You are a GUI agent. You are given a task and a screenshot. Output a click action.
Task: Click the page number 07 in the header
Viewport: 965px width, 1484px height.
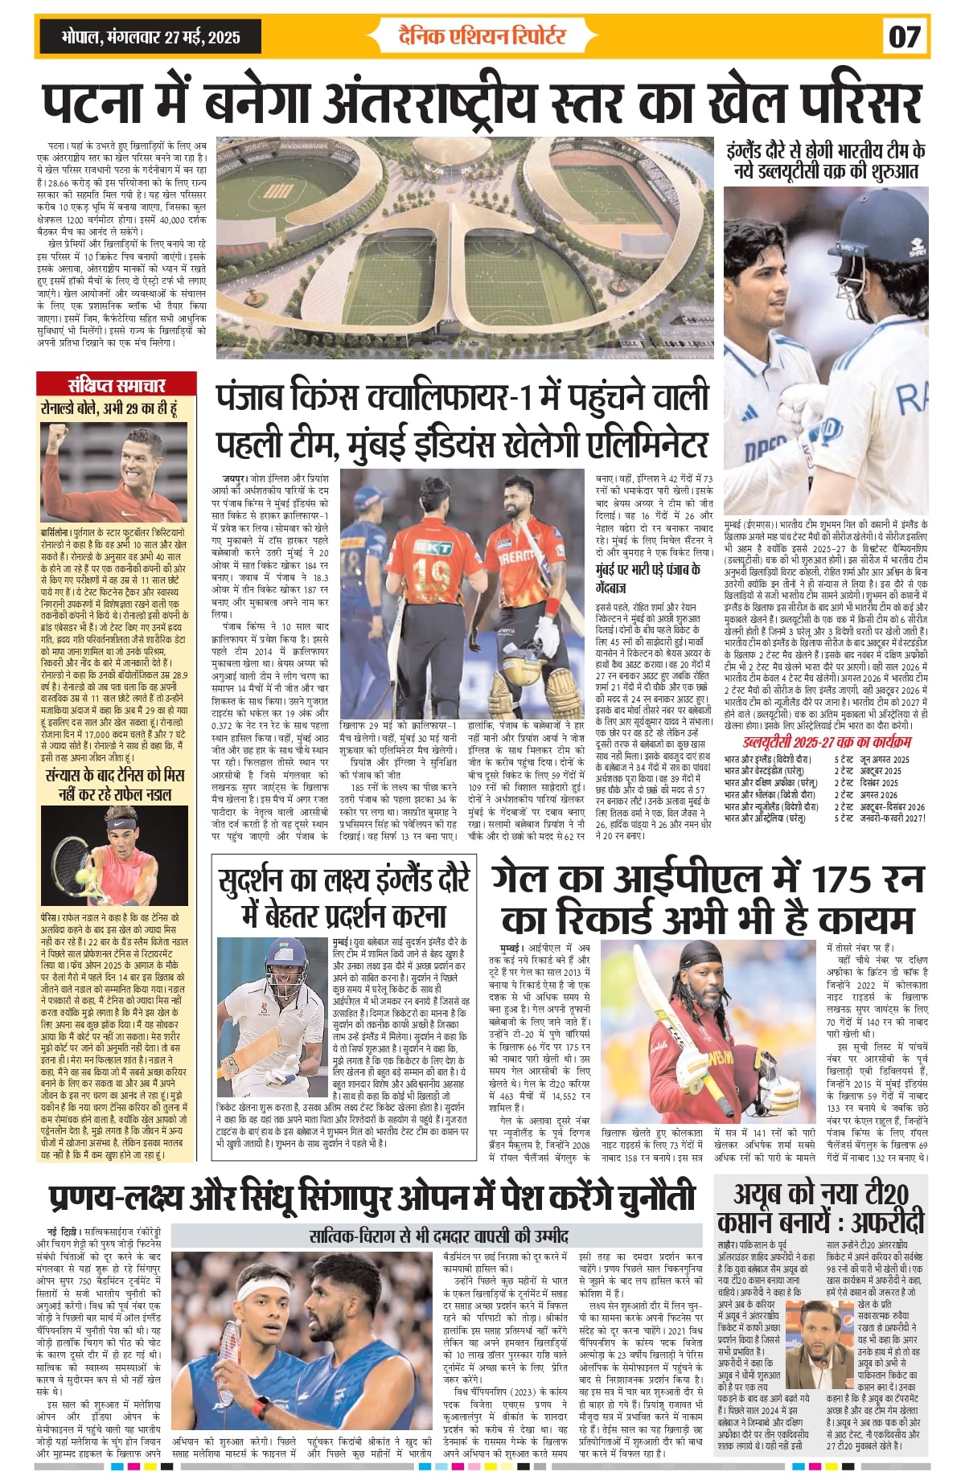pyautogui.click(x=904, y=37)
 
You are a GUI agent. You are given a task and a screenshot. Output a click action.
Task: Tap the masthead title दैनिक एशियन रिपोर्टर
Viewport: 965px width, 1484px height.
pyautogui.click(x=482, y=36)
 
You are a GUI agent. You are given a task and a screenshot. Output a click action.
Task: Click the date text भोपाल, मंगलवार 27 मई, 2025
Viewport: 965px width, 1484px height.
pyautogui.click(x=150, y=37)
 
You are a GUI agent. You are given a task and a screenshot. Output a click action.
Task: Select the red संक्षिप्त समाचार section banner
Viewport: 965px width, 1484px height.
pyautogui.click(x=117, y=383)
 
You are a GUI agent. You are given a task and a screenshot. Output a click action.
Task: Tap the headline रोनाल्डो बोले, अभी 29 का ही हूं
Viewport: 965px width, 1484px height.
pyautogui.click(x=109, y=408)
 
